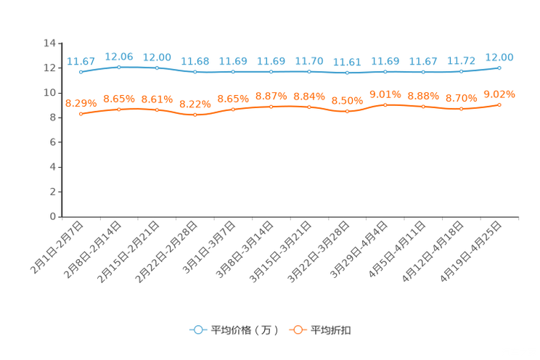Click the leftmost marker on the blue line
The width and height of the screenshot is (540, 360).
coord(81,72)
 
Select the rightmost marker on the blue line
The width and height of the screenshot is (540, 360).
coord(499,67)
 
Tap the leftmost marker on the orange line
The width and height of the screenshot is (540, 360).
coord(81,114)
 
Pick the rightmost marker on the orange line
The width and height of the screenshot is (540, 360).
coord(499,105)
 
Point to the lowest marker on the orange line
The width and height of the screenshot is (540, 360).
coord(195,115)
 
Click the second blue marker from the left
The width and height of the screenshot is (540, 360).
coord(119,67)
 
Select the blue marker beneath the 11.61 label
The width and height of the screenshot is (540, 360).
coord(348,73)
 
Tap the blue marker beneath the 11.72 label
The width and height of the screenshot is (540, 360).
coord(461,71)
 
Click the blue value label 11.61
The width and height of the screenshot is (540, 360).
coord(347,62)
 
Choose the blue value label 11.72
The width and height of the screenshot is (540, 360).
coord(461,60)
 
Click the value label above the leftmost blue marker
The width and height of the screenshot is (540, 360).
coord(81,61)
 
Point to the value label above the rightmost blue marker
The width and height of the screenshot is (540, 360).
coord(499,57)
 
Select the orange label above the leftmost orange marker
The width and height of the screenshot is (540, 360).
coord(80,104)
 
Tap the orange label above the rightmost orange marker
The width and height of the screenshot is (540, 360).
coord(499,94)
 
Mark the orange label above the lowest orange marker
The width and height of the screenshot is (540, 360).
coord(195,105)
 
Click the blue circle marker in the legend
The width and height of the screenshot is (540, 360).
coord(197,330)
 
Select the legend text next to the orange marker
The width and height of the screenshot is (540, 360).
coord(332,330)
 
